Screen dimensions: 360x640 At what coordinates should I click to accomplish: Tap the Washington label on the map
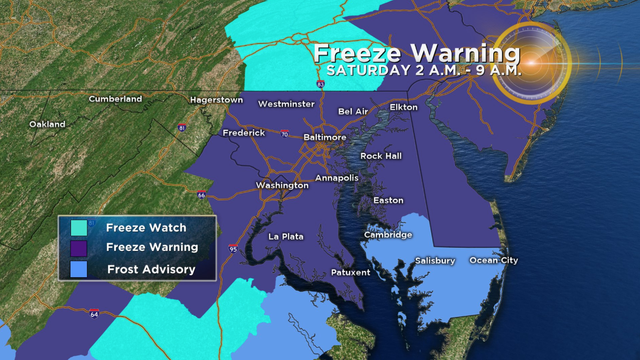282,185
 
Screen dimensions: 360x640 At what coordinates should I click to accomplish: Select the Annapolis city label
336,177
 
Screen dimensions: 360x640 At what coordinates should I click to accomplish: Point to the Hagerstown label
218,100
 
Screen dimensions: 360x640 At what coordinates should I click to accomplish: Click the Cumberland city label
115,99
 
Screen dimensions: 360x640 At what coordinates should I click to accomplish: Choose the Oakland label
47,124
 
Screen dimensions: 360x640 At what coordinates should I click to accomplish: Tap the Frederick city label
244,132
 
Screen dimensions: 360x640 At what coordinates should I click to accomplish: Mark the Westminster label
286,104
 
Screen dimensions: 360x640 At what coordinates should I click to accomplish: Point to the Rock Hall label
381,156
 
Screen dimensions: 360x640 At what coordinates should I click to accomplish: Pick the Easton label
388,200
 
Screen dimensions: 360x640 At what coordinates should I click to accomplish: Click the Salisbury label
435,261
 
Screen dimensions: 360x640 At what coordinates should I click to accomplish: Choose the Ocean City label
494,261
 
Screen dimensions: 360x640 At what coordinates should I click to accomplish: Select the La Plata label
287,236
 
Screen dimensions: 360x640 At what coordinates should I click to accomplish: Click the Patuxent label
350,272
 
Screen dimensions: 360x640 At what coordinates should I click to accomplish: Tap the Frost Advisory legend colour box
74,268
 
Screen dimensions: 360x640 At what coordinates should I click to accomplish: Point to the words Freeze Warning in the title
415,52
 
